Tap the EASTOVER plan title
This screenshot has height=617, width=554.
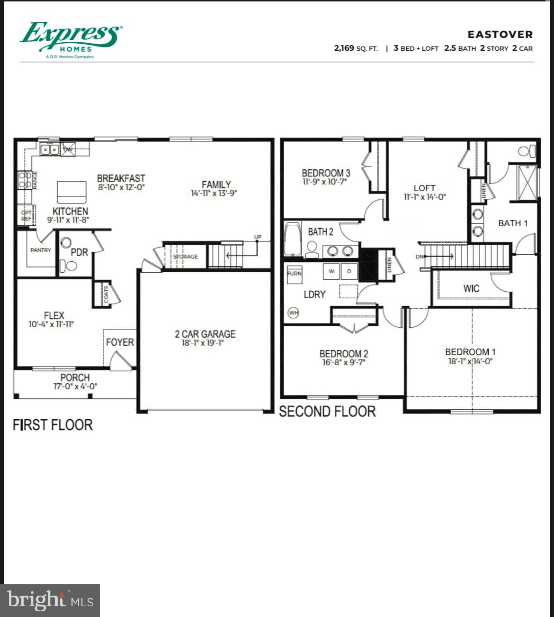(500, 35)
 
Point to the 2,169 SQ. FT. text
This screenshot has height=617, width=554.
(356, 48)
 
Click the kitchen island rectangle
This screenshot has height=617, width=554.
(71, 192)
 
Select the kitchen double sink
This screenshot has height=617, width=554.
(50, 150)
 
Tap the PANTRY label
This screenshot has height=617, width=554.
(41, 250)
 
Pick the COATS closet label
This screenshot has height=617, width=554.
(106, 295)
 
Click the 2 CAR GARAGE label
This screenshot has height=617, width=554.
(205, 334)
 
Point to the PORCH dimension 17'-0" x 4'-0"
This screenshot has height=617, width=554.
(75, 387)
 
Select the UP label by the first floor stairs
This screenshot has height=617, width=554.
(258, 237)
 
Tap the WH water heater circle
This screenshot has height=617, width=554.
(294, 313)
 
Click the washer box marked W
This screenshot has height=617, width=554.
(331, 271)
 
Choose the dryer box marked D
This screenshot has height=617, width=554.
(349, 271)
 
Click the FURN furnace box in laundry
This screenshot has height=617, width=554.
(295, 274)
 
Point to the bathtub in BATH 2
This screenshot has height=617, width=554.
(293, 239)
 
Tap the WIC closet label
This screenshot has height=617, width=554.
(471, 288)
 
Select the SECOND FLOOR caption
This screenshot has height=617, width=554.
(327, 411)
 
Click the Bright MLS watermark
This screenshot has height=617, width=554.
(50, 600)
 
